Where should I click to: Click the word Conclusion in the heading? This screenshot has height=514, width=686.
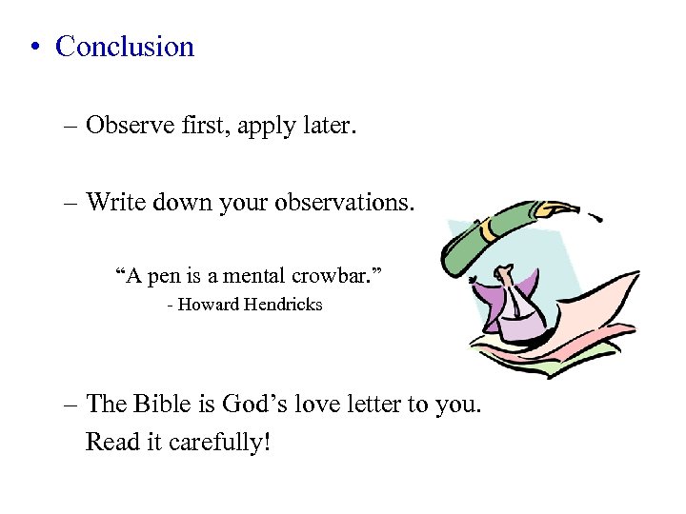tap(125, 47)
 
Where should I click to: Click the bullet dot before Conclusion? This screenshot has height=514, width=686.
tap(34, 48)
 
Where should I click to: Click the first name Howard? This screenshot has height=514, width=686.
tap(209, 306)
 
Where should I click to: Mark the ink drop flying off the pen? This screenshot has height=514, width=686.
tap(600, 219)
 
